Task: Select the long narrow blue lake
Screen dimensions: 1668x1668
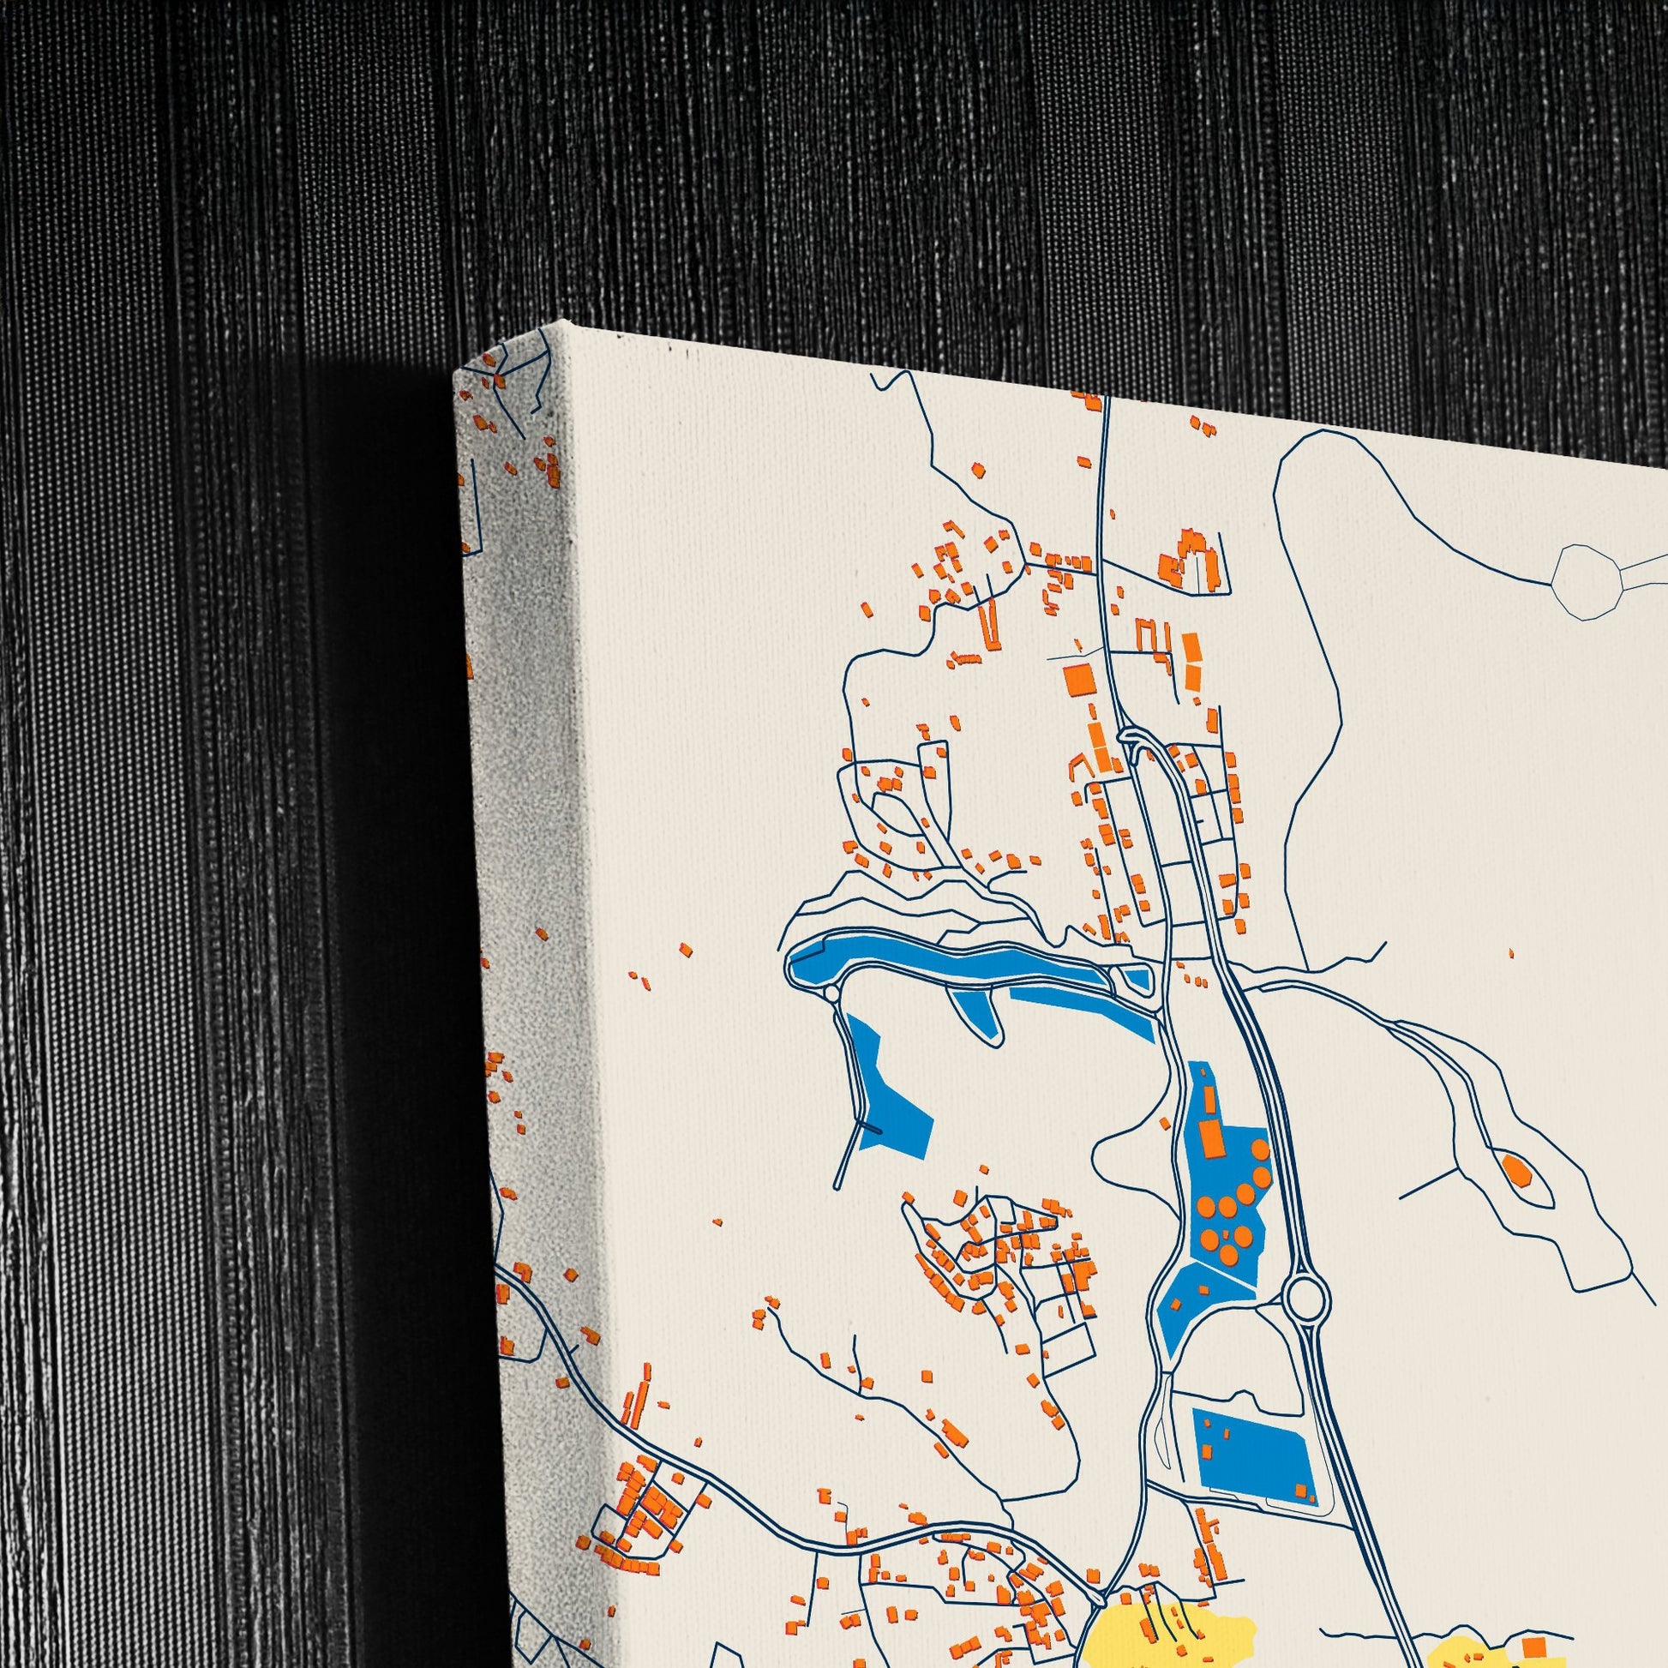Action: (x=941, y=962)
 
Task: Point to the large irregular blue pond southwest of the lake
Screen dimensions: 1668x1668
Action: (x=889, y=1091)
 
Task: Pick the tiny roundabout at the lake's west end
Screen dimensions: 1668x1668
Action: (x=831, y=993)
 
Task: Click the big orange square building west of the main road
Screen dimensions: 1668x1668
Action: (x=1078, y=680)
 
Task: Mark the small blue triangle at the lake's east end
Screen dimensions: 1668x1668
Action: (x=1139, y=978)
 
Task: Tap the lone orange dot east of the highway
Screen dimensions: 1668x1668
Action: (x=1511, y=953)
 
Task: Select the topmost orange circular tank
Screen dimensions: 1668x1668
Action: (x=1261, y=1150)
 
